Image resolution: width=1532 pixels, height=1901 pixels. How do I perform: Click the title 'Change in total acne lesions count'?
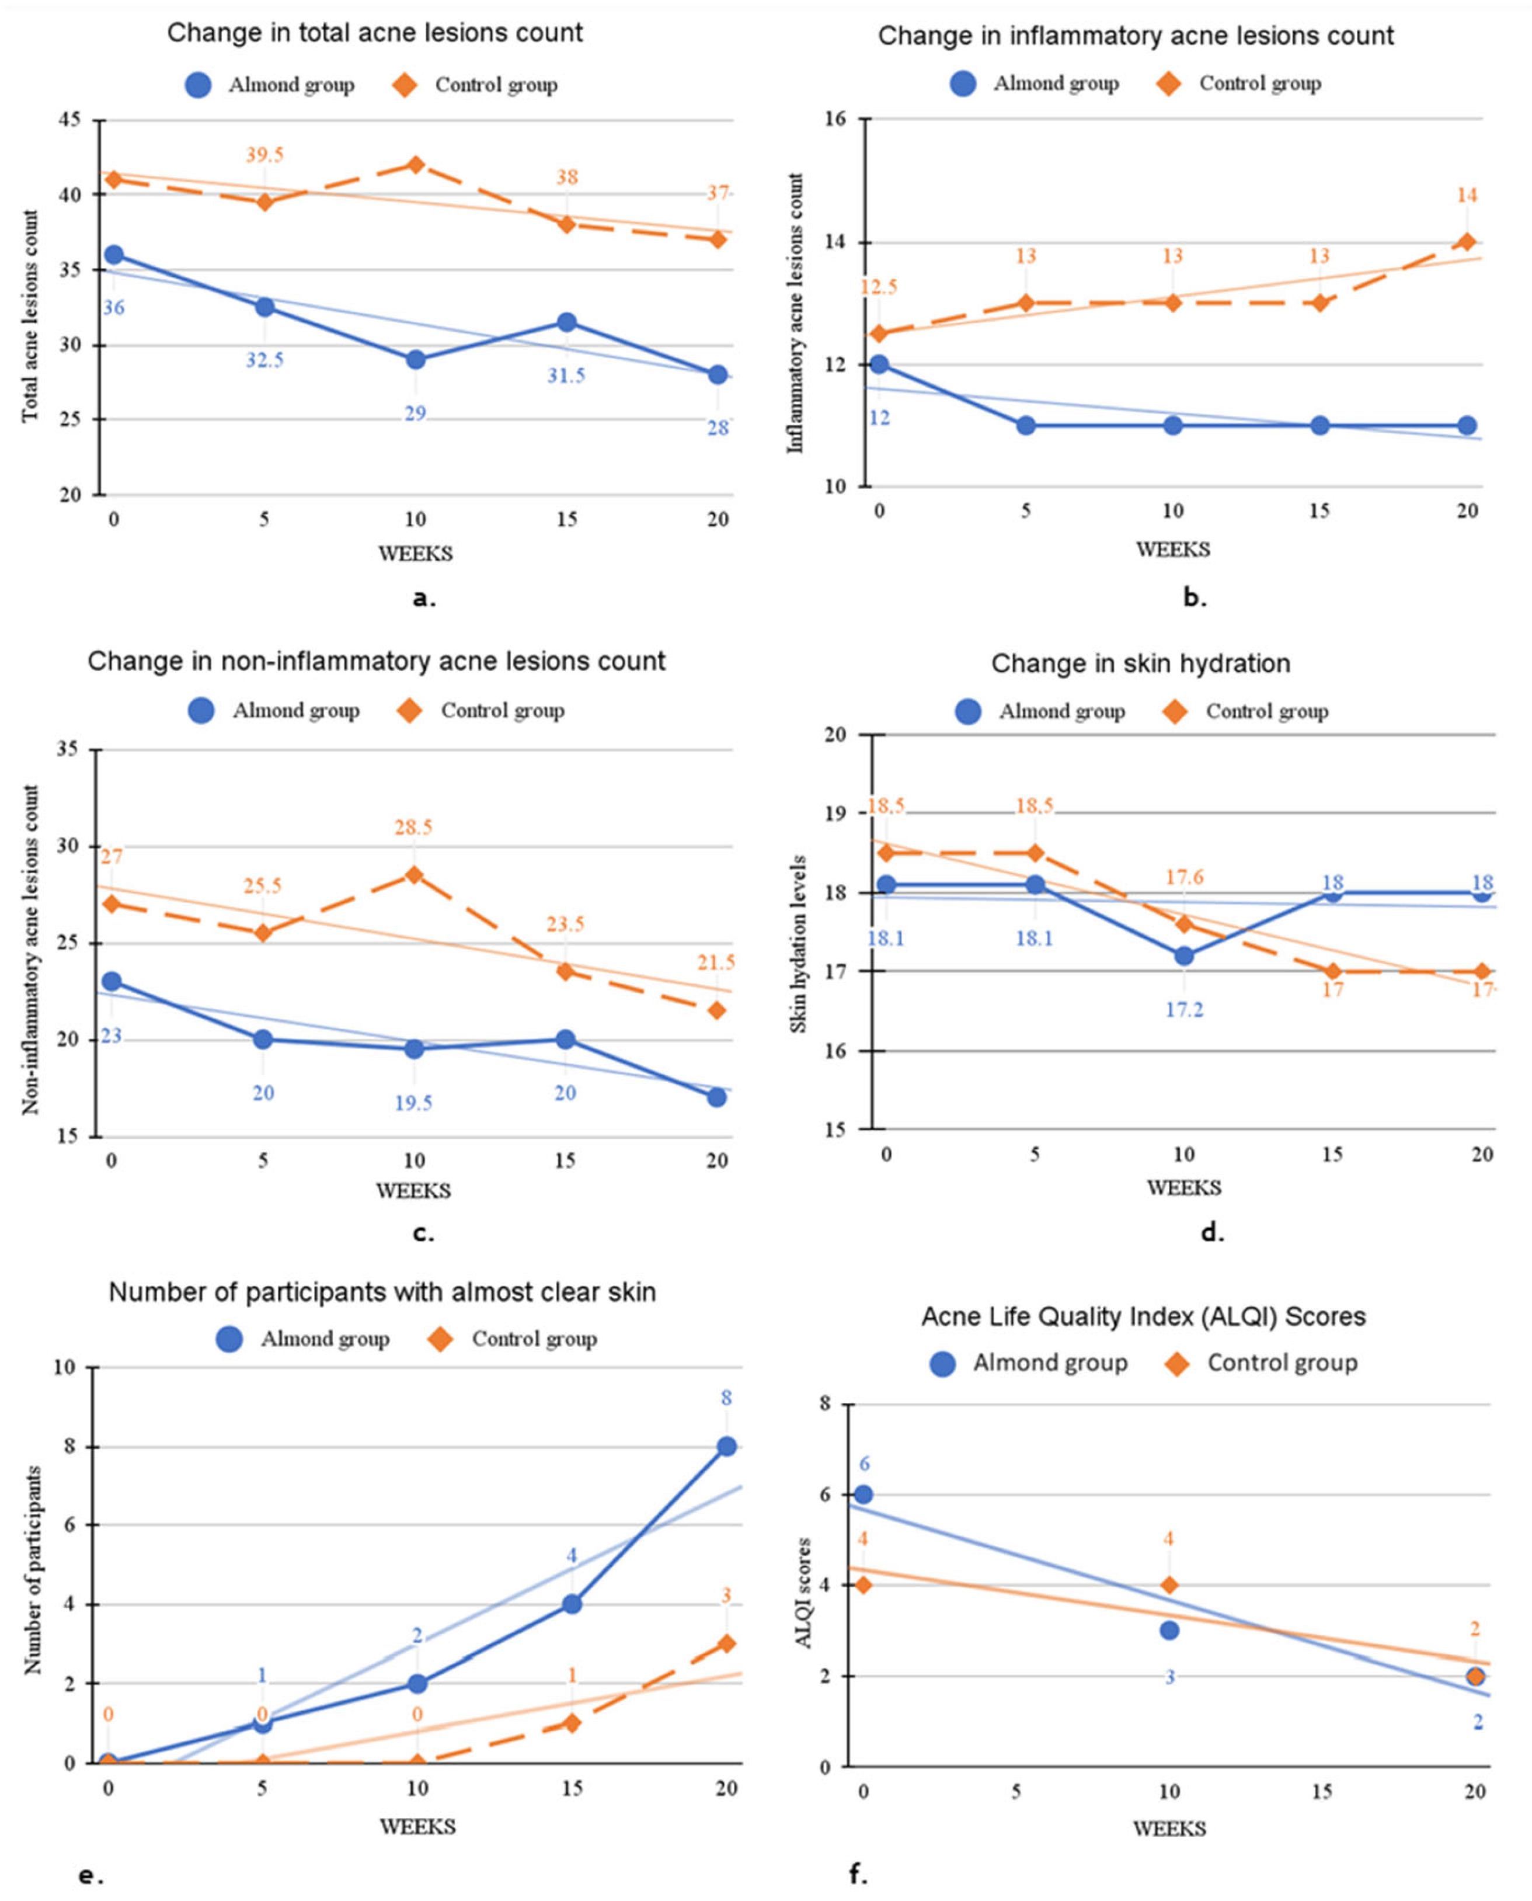click(375, 33)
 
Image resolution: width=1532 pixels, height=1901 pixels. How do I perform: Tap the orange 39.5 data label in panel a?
click(264, 155)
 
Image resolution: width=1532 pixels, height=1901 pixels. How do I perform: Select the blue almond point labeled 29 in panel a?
click(416, 360)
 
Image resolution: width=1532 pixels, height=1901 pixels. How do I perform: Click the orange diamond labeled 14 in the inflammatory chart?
click(1467, 242)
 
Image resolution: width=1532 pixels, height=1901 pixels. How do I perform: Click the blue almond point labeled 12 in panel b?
click(879, 364)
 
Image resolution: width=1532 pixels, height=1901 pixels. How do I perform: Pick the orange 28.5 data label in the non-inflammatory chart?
click(413, 827)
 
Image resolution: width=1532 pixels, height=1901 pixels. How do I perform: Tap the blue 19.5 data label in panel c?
click(413, 1103)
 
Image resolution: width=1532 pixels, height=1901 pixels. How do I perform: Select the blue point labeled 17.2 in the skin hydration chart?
click(1184, 956)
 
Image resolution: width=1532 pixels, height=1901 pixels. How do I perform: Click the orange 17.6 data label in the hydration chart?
click(1184, 877)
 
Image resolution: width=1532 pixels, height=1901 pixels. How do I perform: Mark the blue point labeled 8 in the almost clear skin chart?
click(727, 1447)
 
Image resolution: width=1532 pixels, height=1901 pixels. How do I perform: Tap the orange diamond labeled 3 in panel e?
click(727, 1643)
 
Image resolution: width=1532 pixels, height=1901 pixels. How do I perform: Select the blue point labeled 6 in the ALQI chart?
click(864, 1494)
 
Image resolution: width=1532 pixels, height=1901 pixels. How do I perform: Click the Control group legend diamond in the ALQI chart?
click(1176, 1364)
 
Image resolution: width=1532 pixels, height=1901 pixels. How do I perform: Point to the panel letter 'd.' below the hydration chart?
click(1213, 1232)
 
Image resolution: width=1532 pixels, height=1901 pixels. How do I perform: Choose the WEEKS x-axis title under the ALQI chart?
click(1169, 1829)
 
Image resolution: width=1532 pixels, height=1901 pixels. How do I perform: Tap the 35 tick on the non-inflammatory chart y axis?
click(67, 749)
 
